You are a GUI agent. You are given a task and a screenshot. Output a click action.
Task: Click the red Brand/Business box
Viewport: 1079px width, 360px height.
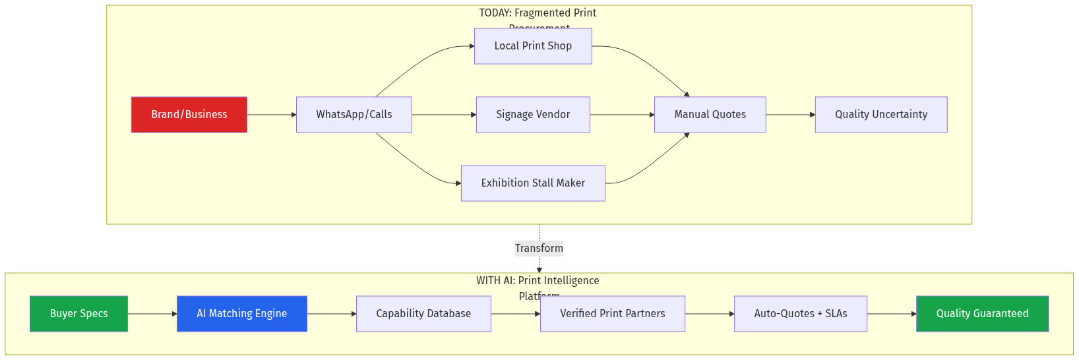189,115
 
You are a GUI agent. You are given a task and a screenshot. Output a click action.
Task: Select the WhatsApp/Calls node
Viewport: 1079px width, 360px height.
354,115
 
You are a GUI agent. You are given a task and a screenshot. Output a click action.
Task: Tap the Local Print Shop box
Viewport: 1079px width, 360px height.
533,46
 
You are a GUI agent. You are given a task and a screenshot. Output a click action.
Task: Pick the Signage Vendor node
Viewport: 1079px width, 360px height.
533,115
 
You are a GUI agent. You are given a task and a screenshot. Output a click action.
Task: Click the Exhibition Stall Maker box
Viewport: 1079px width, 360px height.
533,183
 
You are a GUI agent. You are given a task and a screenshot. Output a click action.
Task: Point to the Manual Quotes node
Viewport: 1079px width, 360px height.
710,115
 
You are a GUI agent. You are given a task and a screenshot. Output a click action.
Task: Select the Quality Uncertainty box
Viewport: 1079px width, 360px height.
880,115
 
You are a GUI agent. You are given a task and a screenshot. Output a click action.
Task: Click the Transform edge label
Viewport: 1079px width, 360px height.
539,249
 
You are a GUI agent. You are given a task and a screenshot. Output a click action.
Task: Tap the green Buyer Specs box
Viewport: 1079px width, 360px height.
78,314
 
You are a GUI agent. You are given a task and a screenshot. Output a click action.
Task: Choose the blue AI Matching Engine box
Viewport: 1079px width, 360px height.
241,314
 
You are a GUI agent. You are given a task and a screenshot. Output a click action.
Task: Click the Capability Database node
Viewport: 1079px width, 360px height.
423,314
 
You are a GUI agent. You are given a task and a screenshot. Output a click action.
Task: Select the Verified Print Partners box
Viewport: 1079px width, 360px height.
612,314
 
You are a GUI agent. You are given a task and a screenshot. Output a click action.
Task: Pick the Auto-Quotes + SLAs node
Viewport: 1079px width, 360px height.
800,314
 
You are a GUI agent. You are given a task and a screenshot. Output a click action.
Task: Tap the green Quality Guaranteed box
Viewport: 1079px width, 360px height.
982,314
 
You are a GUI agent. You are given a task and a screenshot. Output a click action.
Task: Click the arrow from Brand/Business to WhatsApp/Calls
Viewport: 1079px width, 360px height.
271,115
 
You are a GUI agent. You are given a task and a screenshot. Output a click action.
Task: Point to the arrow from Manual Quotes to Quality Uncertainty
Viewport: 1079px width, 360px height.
790,115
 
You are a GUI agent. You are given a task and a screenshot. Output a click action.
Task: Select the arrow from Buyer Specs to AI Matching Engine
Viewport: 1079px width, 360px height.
152,314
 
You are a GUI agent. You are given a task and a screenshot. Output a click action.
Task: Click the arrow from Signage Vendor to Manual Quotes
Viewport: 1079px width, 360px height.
622,115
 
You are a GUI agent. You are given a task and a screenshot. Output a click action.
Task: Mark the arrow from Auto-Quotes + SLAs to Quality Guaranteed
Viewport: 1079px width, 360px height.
891,314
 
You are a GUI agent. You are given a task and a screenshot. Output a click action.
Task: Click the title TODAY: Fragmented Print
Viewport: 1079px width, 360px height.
538,13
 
